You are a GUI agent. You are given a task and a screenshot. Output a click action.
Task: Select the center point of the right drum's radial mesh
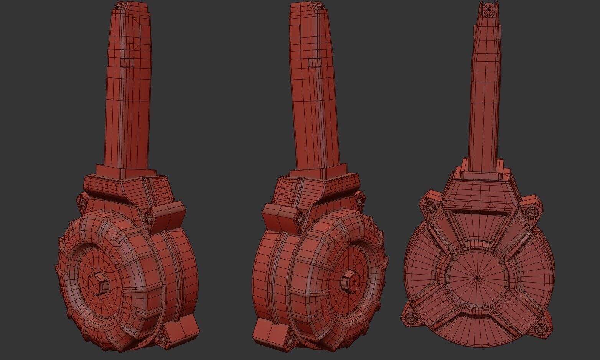click(x=476, y=277)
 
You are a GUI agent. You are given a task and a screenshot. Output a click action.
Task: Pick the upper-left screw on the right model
click(x=427, y=207)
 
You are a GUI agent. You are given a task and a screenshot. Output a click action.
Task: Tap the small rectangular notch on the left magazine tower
click(x=126, y=62)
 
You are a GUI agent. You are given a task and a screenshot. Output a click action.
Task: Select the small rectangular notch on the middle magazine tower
click(x=314, y=63)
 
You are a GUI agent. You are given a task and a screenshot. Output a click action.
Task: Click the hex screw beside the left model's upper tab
click(x=149, y=217)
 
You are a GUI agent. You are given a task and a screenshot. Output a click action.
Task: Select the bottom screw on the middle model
click(x=290, y=340)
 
